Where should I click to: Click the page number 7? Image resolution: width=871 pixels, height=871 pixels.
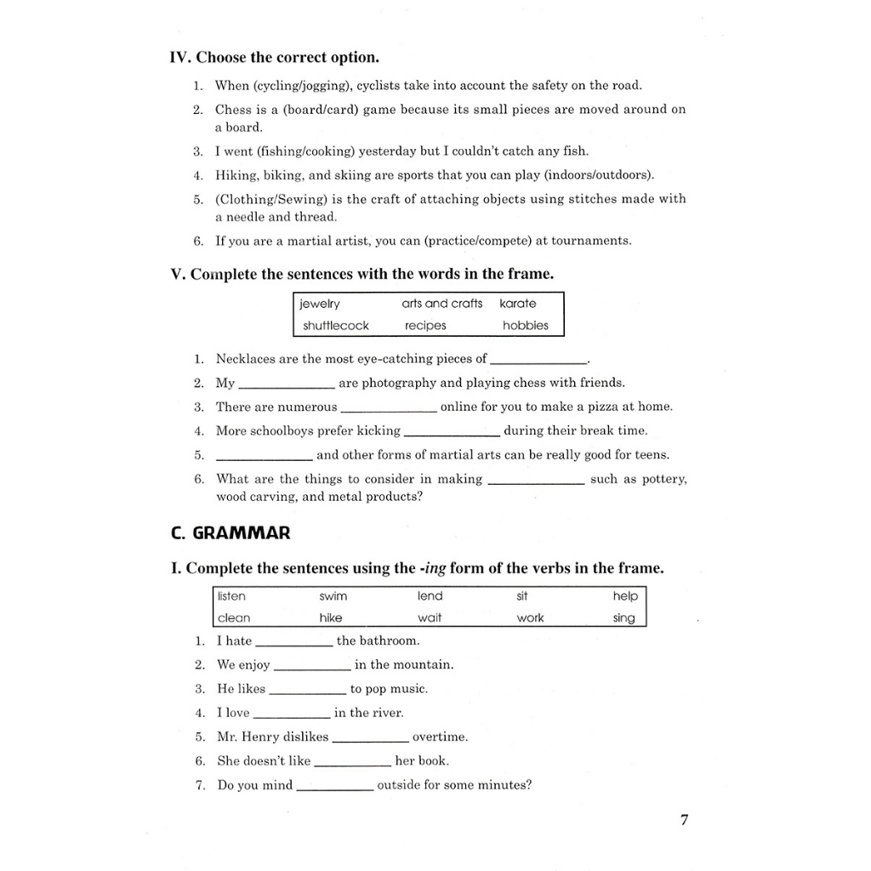click(685, 820)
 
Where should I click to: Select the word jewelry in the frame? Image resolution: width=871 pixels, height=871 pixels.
click(320, 304)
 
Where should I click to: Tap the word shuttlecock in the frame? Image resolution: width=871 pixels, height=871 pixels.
click(336, 326)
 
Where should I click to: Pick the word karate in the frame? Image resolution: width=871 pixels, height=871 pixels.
click(518, 304)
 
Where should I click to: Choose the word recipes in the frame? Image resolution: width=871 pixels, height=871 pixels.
click(425, 326)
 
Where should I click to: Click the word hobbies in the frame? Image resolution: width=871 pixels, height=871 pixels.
click(526, 326)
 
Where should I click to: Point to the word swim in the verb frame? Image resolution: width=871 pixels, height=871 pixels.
click(333, 596)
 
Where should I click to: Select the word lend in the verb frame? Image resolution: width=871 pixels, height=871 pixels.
click(430, 596)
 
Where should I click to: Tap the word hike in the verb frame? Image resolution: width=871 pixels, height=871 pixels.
click(331, 618)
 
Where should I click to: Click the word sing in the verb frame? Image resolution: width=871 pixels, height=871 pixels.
click(623, 618)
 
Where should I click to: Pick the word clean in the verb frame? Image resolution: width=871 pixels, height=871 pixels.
click(234, 618)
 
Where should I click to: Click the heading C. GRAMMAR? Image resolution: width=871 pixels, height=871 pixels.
click(231, 533)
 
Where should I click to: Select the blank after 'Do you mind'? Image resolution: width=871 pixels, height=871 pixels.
click(334, 789)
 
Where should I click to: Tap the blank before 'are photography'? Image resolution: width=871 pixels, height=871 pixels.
click(287, 387)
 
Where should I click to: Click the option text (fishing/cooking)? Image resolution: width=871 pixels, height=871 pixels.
click(293, 151)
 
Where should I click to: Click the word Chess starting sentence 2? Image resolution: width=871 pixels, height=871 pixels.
click(234, 110)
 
